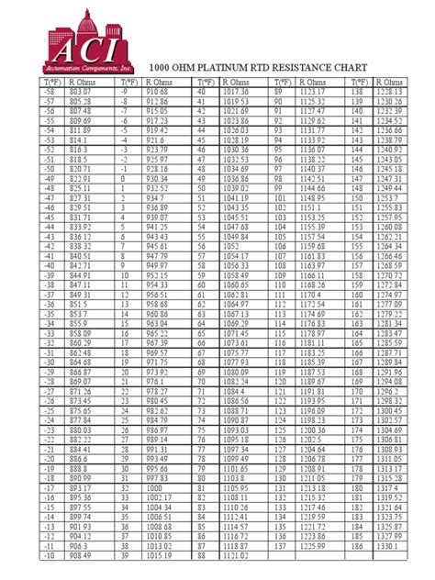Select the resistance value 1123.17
click(x=313, y=93)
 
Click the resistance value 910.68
click(x=157, y=93)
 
